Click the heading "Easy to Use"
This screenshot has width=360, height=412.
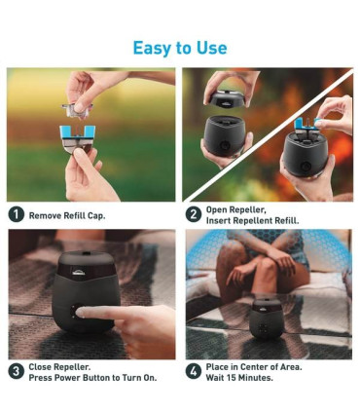[x=180, y=48]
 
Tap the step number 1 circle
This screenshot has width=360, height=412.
[x=17, y=214]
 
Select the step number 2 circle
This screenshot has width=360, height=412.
[x=194, y=214]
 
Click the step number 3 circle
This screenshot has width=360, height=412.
[x=17, y=372]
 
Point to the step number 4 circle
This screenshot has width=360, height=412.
[x=194, y=372]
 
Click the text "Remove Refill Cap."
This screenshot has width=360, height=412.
[x=67, y=215]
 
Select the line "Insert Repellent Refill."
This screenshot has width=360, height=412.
[x=253, y=221]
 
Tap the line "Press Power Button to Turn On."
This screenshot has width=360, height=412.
[x=92, y=378]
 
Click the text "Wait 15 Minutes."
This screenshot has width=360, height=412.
[x=239, y=378]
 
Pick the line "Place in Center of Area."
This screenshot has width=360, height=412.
[x=254, y=367]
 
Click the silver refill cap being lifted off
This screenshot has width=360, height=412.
[x=77, y=110]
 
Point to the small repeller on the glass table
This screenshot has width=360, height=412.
[x=267, y=318]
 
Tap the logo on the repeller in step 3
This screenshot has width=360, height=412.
[x=77, y=275]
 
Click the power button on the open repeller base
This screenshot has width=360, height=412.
[x=225, y=145]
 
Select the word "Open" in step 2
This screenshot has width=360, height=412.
[x=216, y=210]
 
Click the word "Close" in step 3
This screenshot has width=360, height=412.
[x=40, y=367]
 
